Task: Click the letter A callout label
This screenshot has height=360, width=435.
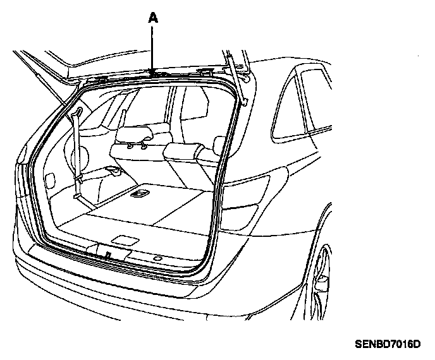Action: [x=152, y=19]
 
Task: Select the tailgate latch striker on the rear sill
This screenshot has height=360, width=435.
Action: [x=109, y=253]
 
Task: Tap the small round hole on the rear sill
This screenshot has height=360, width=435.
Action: [x=156, y=260]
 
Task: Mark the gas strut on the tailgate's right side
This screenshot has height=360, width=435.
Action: [x=240, y=76]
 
